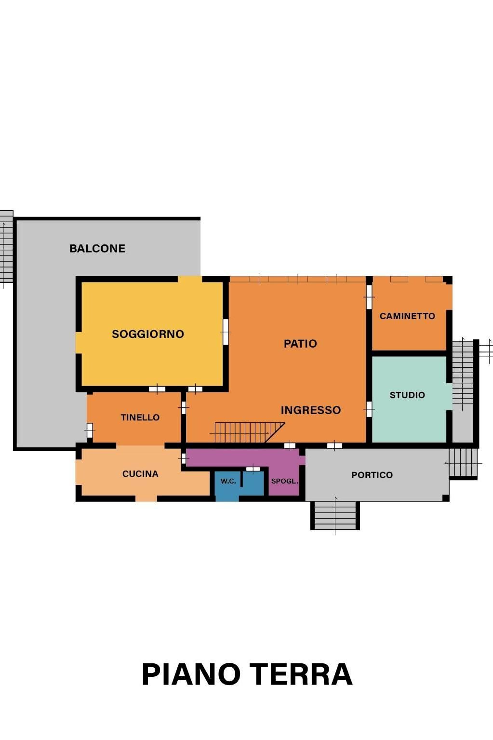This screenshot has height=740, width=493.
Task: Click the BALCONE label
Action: pyautogui.click(x=97, y=248)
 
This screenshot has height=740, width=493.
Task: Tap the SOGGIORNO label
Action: pyautogui.click(x=148, y=334)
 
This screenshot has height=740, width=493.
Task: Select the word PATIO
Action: pyautogui.click(x=300, y=343)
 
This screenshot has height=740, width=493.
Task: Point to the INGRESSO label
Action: pyautogui.click(x=311, y=410)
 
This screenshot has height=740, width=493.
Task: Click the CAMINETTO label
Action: pyautogui.click(x=407, y=316)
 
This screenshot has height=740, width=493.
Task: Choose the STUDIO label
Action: pyautogui.click(x=407, y=395)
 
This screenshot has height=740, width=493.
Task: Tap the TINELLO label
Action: pyautogui.click(x=140, y=417)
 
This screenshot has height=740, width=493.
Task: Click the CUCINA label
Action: pyautogui.click(x=140, y=473)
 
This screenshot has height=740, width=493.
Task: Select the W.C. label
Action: pyautogui.click(x=228, y=481)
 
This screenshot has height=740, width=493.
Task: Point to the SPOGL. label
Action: pyautogui.click(x=284, y=481)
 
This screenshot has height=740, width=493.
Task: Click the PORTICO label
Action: pyautogui.click(x=372, y=475)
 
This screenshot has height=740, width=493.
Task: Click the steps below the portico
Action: pyautogui.click(x=335, y=515)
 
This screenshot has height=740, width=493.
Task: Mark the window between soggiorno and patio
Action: pyautogui.click(x=226, y=332)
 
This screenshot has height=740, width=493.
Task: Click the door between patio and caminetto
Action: pyautogui.click(x=369, y=297)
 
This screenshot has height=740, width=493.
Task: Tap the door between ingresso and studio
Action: pyautogui.click(x=369, y=409)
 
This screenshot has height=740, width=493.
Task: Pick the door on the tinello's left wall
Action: pyautogui.click(x=90, y=430)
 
